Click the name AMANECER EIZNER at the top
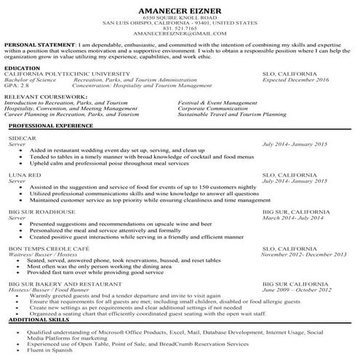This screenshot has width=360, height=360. click(x=179, y=9)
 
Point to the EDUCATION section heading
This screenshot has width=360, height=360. click(x=23, y=68)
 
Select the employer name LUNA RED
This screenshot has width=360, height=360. click(x=24, y=175)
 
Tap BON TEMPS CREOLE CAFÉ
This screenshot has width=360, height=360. click(x=48, y=249)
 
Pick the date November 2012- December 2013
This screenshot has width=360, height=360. click(x=299, y=255)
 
